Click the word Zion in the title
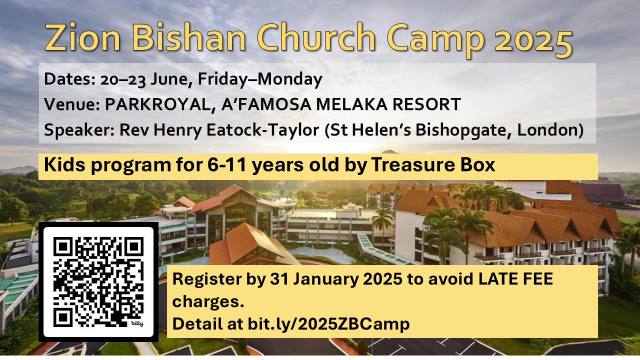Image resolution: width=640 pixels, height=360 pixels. pos(82,37)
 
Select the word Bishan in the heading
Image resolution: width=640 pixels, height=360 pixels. pos(189,37)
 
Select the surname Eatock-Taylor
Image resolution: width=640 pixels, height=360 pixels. pos(262,129)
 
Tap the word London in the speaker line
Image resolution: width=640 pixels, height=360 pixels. pos(550,129)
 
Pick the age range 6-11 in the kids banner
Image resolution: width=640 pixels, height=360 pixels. pos(226,165)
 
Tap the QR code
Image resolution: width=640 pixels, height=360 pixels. pos(98,282)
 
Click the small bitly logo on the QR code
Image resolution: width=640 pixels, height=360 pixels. pos(137,323)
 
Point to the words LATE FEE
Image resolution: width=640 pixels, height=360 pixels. pos(515,279)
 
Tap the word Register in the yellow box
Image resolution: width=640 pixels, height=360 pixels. pos(207,279)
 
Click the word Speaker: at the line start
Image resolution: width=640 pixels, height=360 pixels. pos(79,130)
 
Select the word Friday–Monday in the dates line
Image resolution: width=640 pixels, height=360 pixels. pos(260,79)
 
